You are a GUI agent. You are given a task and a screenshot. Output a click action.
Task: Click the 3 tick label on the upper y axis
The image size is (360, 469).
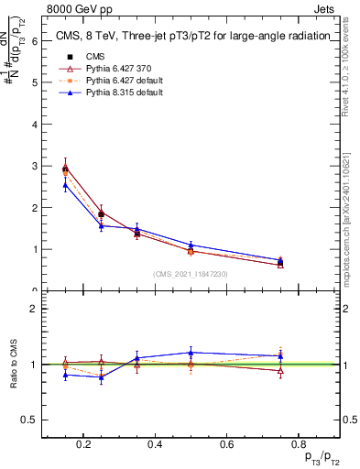point(34,166)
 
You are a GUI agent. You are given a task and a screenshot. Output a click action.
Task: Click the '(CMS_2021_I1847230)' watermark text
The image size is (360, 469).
point(191,274)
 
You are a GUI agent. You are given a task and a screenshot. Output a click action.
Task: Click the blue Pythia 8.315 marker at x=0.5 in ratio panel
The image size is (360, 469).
point(191,353)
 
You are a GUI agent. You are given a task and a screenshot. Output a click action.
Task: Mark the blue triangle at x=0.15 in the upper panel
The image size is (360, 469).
point(65,185)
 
